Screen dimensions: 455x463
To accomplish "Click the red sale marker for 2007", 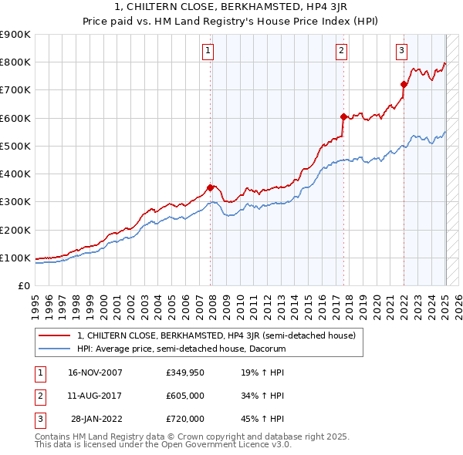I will [210, 187].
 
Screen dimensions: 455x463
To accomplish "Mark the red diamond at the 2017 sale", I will [343, 116].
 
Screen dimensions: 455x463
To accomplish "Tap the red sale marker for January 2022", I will [404, 84].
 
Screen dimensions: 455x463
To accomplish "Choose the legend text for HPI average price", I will [181, 349].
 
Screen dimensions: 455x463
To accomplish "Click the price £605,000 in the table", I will [185, 396].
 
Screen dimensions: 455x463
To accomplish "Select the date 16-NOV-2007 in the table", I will [95, 372].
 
